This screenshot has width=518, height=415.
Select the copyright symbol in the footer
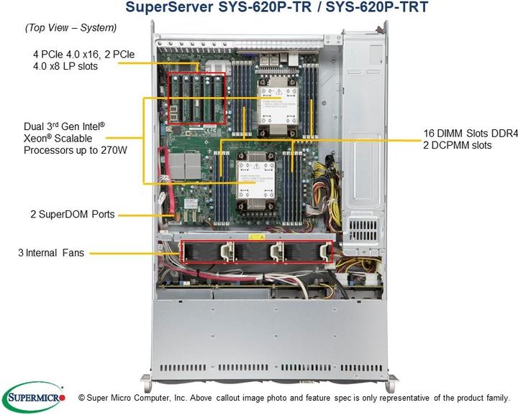[x=81, y=397]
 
